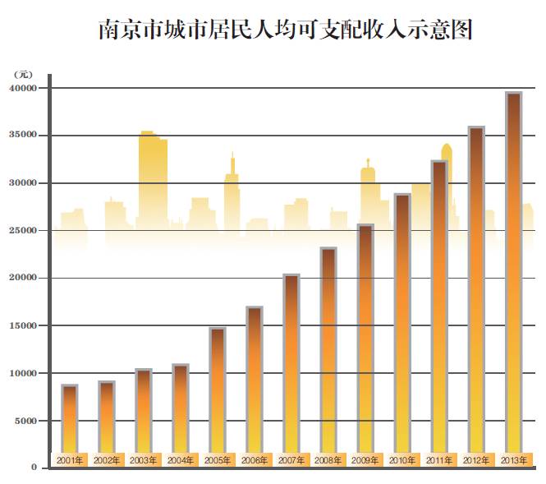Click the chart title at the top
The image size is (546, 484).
point(286,31)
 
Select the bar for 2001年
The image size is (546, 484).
point(70,419)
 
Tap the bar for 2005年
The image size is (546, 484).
point(218,390)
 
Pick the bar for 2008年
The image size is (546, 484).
point(328,353)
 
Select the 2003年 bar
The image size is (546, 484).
point(144,411)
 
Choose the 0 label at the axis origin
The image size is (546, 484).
point(34,468)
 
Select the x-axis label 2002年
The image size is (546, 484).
point(107,460)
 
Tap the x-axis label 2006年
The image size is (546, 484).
point(255,460)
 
